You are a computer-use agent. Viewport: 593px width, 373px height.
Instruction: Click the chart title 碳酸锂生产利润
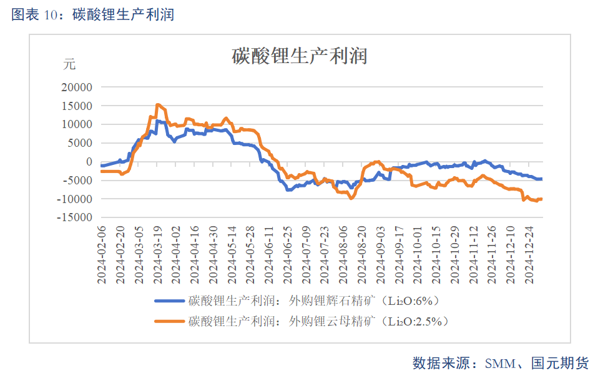[x=299, y=57]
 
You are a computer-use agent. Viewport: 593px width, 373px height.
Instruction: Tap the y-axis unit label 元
[x=69, y=64]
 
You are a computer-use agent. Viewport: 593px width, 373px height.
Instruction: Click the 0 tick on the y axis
[x=89, y=162]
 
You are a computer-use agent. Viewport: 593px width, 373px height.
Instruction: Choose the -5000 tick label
[x=74, y=181]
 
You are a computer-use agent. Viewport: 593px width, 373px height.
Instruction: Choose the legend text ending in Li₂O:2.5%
[x=319, y=322]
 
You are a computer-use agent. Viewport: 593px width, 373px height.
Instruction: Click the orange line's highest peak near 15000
[x=158, y=105]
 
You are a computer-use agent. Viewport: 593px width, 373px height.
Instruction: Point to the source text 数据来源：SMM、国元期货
[x=501, y=363]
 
